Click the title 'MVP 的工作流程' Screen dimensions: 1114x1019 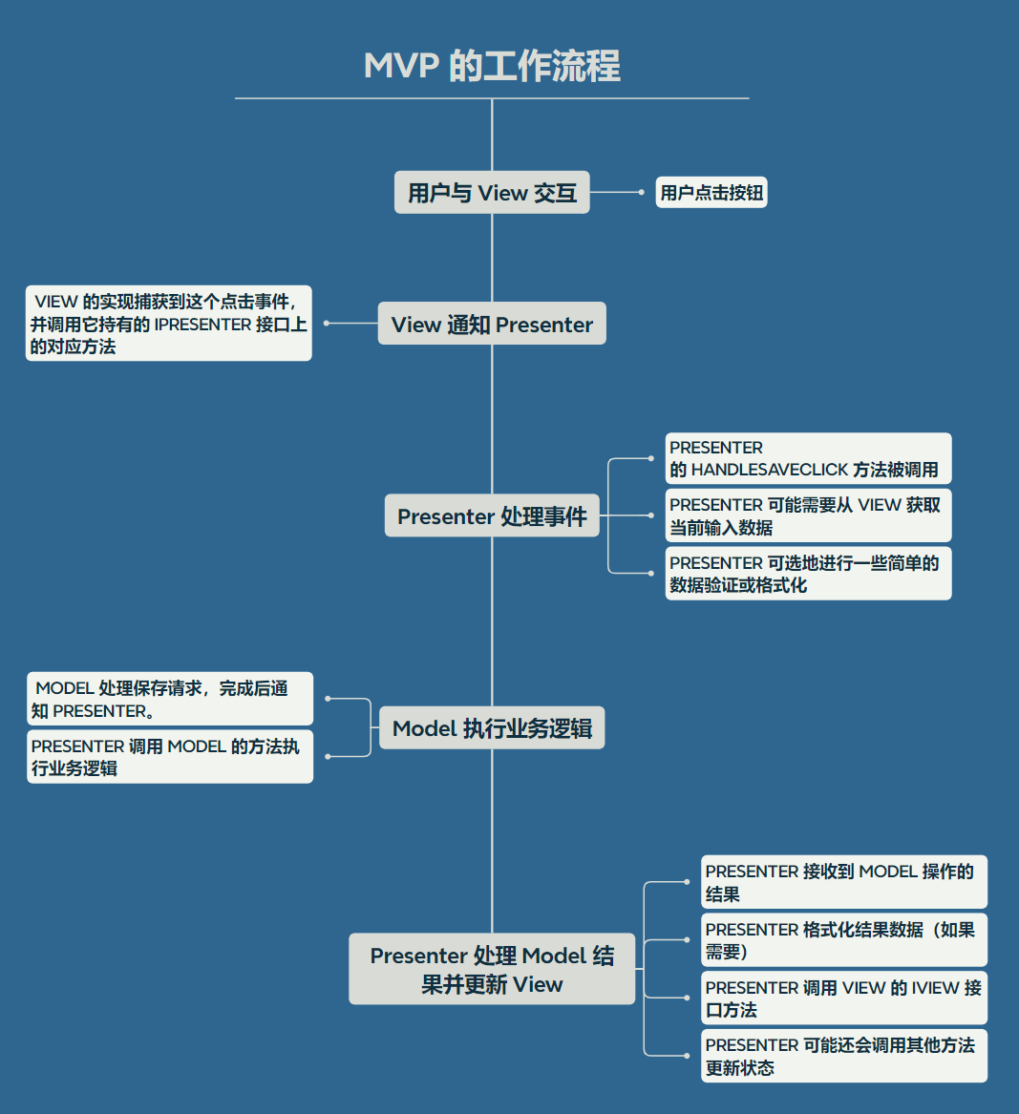click(492, 67)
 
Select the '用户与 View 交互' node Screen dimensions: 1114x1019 click(492, 193)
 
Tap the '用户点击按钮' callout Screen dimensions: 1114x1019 click(711, 193)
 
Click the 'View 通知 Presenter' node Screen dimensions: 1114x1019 click(492, 325)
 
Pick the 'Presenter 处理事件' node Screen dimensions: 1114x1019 click(492, 516)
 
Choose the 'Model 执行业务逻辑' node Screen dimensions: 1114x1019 click(492, 728)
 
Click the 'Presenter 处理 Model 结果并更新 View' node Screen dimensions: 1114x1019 click(492, 969)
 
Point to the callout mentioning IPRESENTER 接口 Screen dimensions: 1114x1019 click(169, 324)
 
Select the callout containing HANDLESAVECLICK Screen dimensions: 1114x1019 click(808, 459)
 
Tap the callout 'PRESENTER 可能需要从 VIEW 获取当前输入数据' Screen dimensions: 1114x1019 click(808, 515)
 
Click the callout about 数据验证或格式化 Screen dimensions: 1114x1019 click(808, 574)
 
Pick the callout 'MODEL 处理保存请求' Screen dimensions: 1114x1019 click(169, 699)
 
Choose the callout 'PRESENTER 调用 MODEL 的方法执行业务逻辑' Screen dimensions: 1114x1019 click(169, 757)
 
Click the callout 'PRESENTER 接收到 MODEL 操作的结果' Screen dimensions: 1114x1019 click(843, 882)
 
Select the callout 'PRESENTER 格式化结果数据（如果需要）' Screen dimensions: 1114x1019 click(843, 940)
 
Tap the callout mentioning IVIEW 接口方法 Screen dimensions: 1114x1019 click(843, 998)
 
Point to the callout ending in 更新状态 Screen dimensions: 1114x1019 click(843, 1056)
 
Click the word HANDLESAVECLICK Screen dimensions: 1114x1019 click(770, 470)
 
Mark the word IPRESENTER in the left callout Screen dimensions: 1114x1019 click(202, 325)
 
